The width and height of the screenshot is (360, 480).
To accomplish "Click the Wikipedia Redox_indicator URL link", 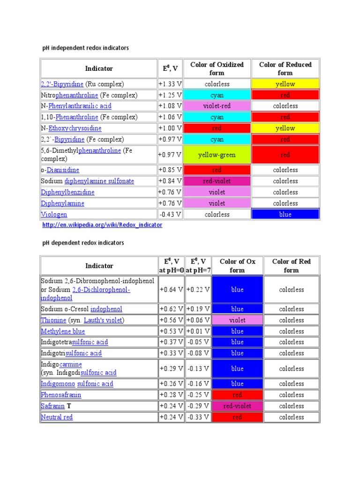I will point(102,225).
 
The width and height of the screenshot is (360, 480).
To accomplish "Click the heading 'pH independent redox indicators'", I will point(85,48).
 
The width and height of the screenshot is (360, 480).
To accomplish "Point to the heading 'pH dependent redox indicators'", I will point(83,243).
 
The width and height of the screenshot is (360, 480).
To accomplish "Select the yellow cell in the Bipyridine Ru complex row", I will point(285,84).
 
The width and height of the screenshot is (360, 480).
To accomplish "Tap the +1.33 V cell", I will point(170,84).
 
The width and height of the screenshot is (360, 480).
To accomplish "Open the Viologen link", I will point(54,215).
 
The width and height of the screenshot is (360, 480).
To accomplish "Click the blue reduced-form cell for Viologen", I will point(285,214).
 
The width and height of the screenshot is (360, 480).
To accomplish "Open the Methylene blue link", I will point(60,331).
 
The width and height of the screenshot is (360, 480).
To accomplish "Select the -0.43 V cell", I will point(170,214).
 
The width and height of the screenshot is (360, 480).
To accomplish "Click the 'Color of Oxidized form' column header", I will point(217,68).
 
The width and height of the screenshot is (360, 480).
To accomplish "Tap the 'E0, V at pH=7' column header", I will point(198,266).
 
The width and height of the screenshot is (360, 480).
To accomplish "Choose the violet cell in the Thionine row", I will point(237,320).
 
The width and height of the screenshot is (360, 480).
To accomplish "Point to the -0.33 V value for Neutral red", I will point(198,417).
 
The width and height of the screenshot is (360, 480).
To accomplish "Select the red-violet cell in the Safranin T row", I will point(237,406).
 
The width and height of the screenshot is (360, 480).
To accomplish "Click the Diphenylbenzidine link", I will point(67,192).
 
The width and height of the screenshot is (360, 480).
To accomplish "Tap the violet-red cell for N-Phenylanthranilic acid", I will point(217,106).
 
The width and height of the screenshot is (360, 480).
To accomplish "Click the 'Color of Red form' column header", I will point(291,266).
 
